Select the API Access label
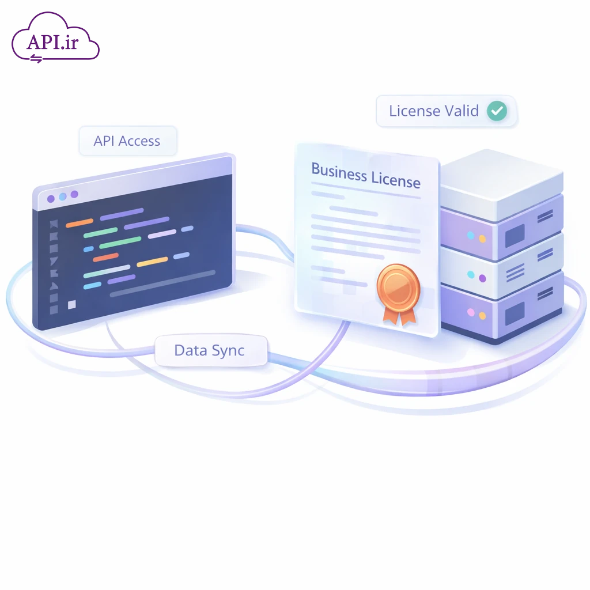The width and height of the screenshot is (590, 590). [x=127, y=141]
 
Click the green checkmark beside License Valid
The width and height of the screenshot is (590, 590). [x=496, y=111]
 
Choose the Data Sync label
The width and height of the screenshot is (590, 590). [x=209, y=350]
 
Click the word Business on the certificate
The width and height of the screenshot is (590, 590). [x=338, y=171]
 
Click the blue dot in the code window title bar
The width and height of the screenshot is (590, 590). [x=63, y=196]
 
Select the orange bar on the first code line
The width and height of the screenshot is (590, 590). [x=80, y=222]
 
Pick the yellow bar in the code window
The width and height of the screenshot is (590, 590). [x=152, y=262]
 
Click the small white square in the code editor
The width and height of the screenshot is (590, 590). [x=71, y=304]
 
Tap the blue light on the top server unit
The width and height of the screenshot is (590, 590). [x=471, y=235]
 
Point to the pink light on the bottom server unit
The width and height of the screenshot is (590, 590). [x=471, y=313]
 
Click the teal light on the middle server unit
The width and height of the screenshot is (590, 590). [x=471, y=275]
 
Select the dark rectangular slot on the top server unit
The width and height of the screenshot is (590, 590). [x=515, y=233]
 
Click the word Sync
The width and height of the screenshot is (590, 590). [x=228, y=350]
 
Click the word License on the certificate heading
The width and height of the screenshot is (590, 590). [x=395, y=180]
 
